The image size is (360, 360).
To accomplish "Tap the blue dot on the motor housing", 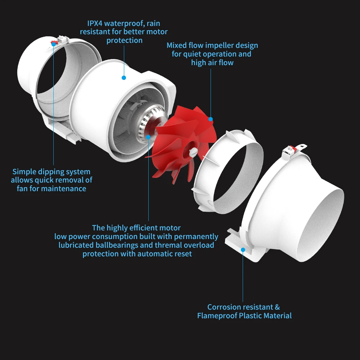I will pyautogui.click(x=124, y=77).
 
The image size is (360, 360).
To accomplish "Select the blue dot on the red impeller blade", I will pyautogui.click(x=211, y=119).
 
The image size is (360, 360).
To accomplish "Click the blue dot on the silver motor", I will pyautogui.click(x=149, y=137).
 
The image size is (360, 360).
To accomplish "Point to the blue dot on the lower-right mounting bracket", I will pyautogui.click(x=243, y=249).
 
